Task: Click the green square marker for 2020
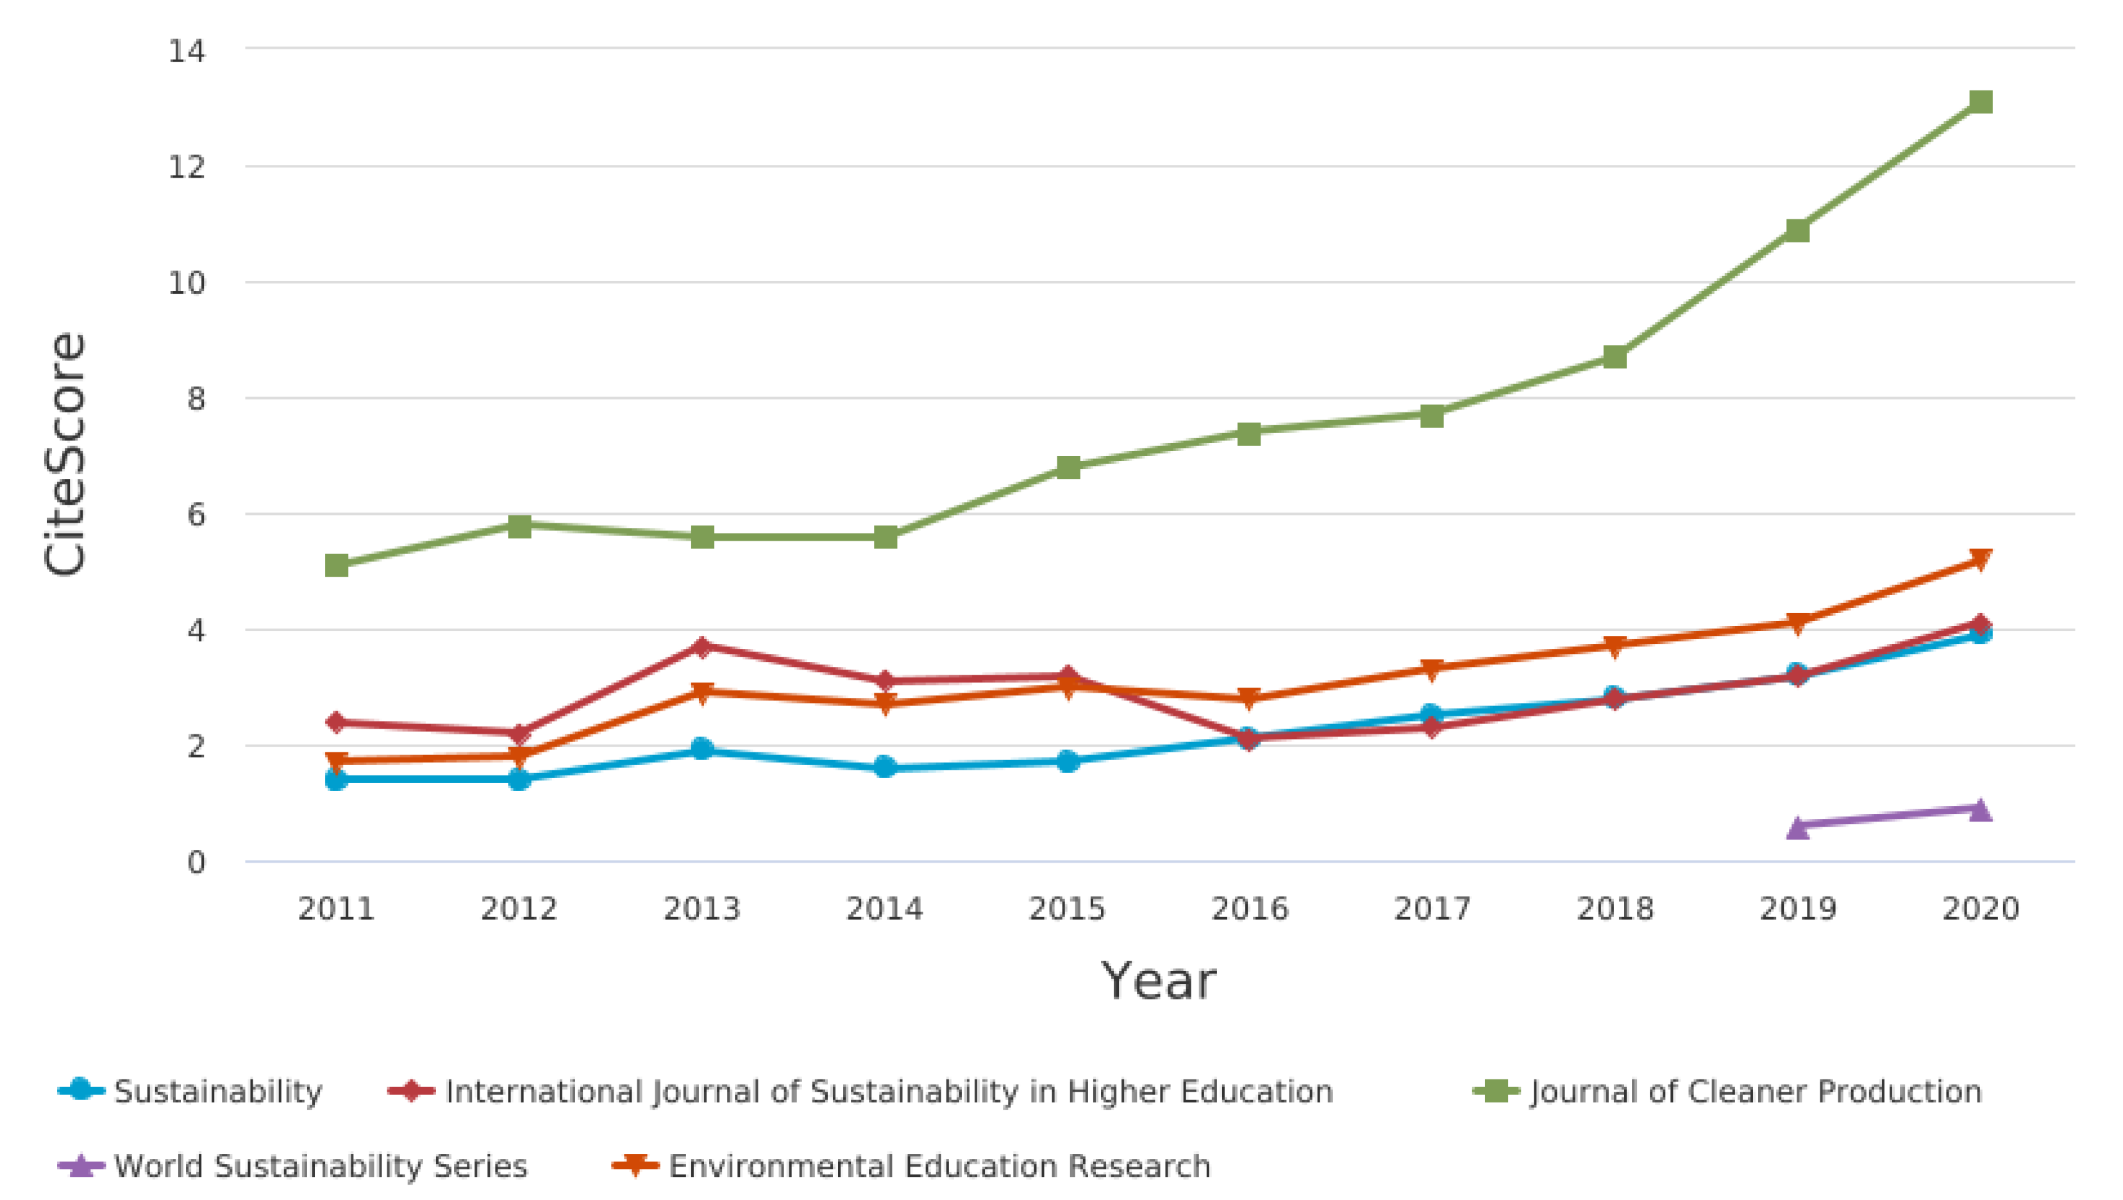(1981, 101)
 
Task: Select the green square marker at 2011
(336, 566)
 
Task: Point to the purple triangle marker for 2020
(1981, 809)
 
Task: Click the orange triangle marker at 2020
(1981, 560)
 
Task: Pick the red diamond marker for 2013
(701, 646)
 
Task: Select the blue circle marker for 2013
(701, 749)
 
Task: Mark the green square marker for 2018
(1615, 357)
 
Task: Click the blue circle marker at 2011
(336, 779)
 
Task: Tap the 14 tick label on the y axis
(186, 51)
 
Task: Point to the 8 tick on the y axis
(196, 399)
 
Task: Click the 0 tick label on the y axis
(196, 862)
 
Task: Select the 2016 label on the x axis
(1250, 908)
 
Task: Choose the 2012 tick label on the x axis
(519, 908)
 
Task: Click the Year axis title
(1158, 981)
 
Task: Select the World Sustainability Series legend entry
(321, 1165)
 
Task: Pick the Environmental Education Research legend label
(939, 1165)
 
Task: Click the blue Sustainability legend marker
(81, 1090)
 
